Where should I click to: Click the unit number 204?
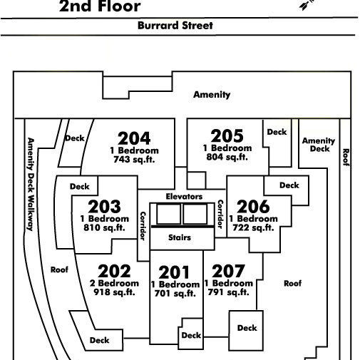(134, 138)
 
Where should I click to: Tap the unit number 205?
(227, 136)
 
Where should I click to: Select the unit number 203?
(104, 207)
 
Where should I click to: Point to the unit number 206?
(253, 207)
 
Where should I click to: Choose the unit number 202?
(114, 271)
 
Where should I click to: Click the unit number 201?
(174, 272)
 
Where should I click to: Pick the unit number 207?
(228, 271)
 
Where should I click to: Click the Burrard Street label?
(175, 26)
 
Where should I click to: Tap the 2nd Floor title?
(100, 6)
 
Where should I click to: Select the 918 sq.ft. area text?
(114, 292)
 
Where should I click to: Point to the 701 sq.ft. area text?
(175, 294)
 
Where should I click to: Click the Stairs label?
(180, 237)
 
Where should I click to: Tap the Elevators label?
(184, 197)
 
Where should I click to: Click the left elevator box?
(168, 214)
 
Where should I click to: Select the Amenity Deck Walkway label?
(31, 184)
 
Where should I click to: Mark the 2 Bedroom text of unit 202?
(114, 283)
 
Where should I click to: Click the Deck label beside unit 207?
(247, 328)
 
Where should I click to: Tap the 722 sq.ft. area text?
(253, 227)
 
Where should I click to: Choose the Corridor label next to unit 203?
(143, 226)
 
